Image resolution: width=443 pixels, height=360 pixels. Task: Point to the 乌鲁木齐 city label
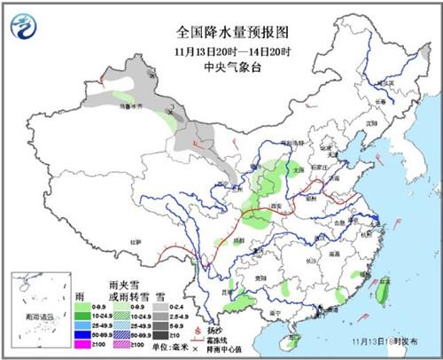click(x=132, y=104)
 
